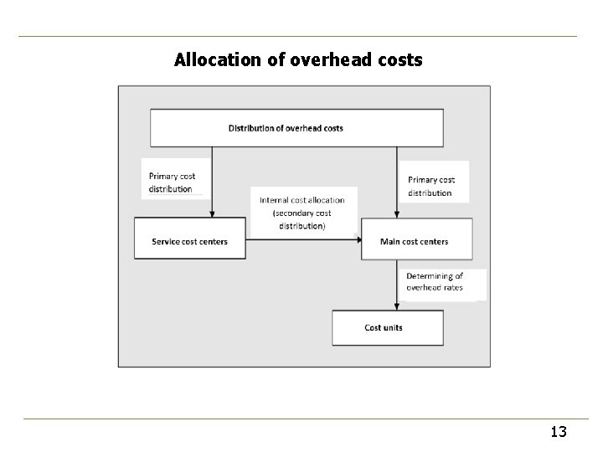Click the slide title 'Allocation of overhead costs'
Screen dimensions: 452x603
click(x=298, y=60)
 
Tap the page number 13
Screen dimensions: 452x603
click(x=559, y=432)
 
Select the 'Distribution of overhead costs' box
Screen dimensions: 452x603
click(x=296, y=128)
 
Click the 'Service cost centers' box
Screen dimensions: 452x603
click(x=190, y=241)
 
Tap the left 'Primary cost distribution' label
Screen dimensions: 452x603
click(x=173, y=182)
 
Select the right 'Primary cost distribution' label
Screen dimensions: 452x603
click(x=432, y=186)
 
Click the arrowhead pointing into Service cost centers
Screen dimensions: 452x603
click(x=212, y=213)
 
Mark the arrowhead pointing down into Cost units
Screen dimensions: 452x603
click(x=396, y=306)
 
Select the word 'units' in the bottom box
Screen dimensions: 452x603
click(x=393, y=327)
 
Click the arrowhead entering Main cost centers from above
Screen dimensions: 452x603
click(x=396, y=213)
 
